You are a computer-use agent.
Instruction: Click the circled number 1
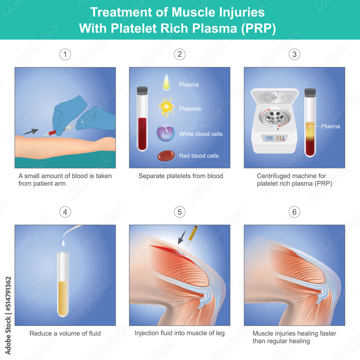pos(65,54)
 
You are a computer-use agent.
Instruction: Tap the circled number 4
pos(65,212)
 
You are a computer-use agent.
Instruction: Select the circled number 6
pos(294,212)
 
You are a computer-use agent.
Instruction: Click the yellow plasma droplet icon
pos(166,82)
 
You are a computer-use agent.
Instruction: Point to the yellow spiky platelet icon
pos(166,107)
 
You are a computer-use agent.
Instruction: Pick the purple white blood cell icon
pos(166,133)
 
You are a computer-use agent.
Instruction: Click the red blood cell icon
pos(166,156)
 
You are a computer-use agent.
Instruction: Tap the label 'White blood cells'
pos(201,134)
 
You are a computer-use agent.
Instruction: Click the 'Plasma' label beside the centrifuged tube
pos(330,126)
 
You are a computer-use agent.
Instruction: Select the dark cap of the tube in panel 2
pos(142,90)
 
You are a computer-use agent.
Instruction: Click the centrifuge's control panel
pos(274,138)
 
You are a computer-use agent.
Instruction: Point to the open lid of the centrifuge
pos(275,96)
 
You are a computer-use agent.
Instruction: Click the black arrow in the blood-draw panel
pos(30,132)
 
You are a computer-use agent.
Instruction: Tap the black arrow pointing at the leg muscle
pos(182,237)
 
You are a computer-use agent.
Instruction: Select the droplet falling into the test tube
pos(63,243)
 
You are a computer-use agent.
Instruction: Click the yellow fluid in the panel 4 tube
pos(63,298)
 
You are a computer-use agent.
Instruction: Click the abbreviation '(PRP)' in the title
pos(258,28)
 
